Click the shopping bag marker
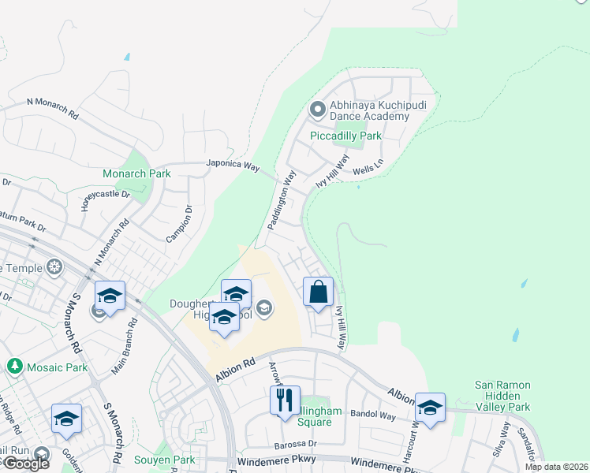pyautogui.click(x=318, y=292)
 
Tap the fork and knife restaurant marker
pyautogui.click(x=285, y=400)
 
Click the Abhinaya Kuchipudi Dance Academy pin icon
pyautogui.click(x=318, y=109)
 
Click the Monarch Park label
pyautogui.click(x=136, y=173)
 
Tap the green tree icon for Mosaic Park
pyautogui.click(x=14, y=367)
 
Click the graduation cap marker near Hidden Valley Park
pyautogui.click(x=430, y=408)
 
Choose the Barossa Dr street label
pyautogui.click(x=295, y=445)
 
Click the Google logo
pyautogui.click(x=25, y=464)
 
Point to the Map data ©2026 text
pyautogui.click(x=555, y=467)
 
